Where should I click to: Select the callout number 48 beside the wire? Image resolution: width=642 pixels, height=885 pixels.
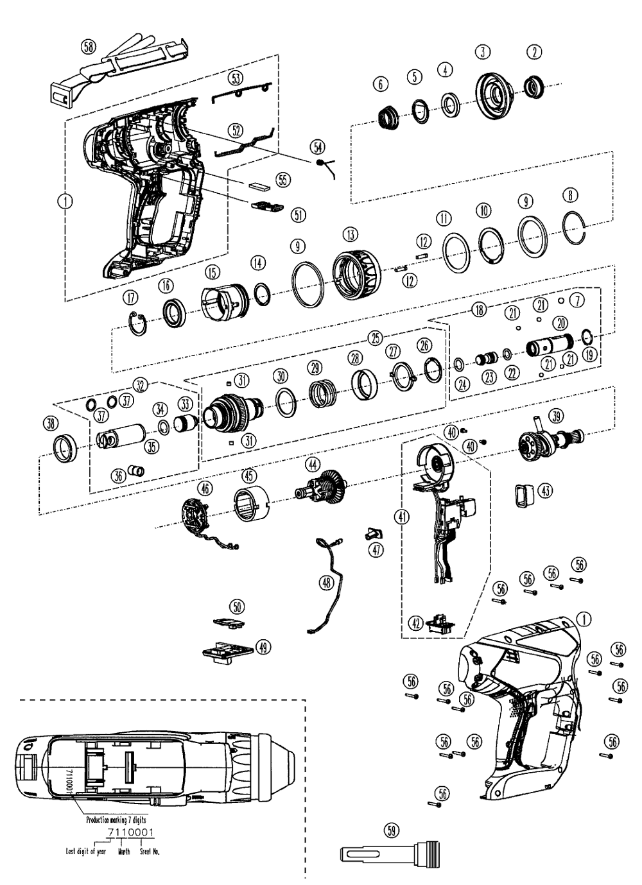tap(327, 582)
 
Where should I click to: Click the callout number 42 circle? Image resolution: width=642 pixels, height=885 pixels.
tap(415, 622)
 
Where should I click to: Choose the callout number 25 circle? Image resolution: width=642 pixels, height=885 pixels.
tap(376, 337)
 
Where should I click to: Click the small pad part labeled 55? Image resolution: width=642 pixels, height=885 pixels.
tap(259, 184)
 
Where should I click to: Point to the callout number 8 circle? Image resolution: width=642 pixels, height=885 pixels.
tap(568, 194)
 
